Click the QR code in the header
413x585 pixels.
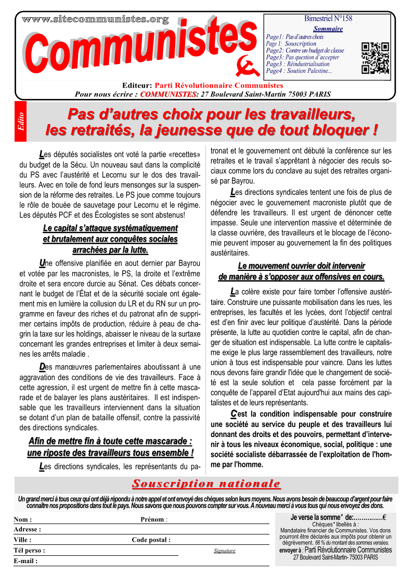pyautogui.click(x=375, y=57)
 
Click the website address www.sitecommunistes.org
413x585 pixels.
pyautogui.click(x=95, y=20)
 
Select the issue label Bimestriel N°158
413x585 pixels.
pyautogui.click(x=328, y=19)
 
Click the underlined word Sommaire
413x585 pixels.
pyautogui.click(x=328, y=29)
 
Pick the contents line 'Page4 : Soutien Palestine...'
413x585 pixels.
pyautogui.click(x=299, y=71)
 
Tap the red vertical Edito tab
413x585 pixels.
pyautogui.click(x=21, y=122)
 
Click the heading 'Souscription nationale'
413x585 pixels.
pyautogui.click(x=206, y=484)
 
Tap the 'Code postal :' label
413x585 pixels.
pyautogui.click(x=151, y=540)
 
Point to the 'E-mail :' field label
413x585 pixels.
pyautogui.click(x=25, y=561)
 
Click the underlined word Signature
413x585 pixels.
pyautogui.click(x=225, y=550)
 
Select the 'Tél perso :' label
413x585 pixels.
pyautogui.click(x=29, y=550)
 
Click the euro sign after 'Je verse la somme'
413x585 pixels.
pyautogui.click(x=384, y=517)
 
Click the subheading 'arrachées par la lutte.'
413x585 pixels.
pyautogui.click(x=110, y=251)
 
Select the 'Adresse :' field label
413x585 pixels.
pyautogui.click(x=27, y=529)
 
